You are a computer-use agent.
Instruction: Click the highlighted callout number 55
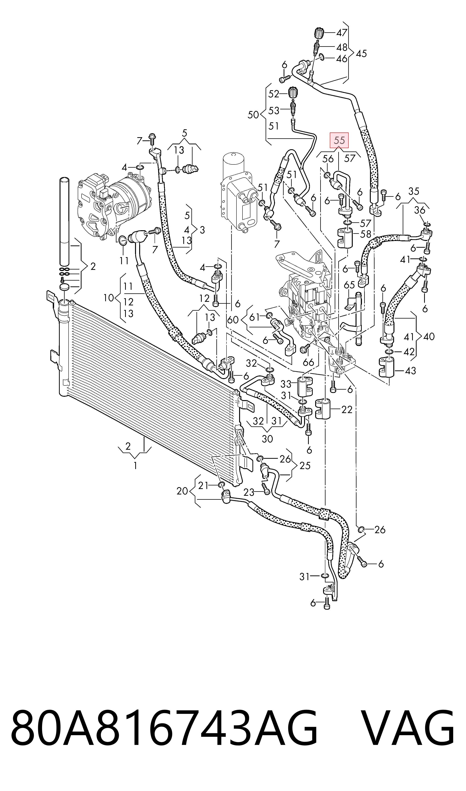(x=339, y=140)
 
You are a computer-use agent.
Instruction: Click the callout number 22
(x=347, y=410)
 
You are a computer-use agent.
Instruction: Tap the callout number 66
(x=308, y=362)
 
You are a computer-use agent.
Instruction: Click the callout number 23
(x=249, y=492)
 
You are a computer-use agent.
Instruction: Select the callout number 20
(x=182, y=491)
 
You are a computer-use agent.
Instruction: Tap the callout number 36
(x=420, y=210)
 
